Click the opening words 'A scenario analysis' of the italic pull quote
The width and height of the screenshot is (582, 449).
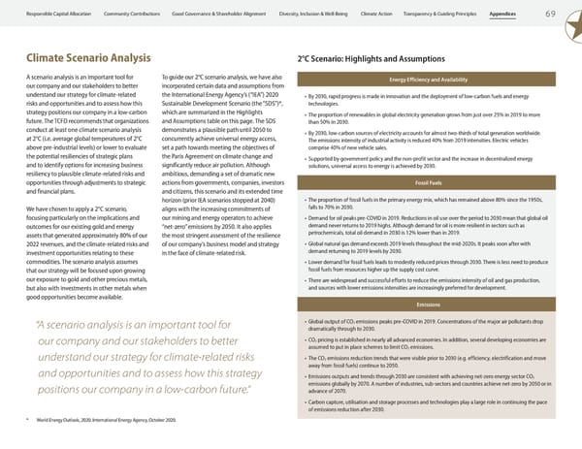coord(78,325)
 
